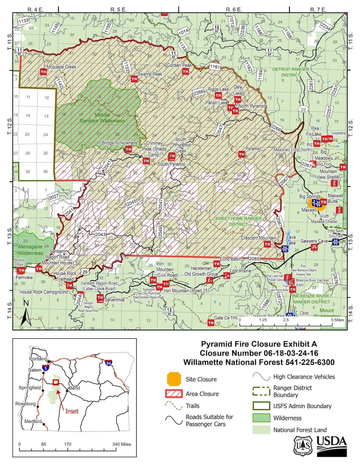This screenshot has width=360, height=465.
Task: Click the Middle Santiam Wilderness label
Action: click(x=102, y=117)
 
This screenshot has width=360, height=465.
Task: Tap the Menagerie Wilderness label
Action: click(x=30, y=250)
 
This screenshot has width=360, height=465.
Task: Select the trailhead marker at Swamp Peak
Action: click(x=134, y=79)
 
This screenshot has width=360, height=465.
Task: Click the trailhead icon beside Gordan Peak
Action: click(x=186, y=72)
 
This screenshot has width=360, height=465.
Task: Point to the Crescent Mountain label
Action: click(x=258, y=238)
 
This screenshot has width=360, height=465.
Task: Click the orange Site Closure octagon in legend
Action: click(x=174, y=379)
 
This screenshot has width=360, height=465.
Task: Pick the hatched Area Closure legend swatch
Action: click(x=174, y=393)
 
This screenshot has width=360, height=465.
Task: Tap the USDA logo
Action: click(x=331, y=445)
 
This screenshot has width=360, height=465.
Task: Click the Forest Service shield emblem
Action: click(x=303, y=446)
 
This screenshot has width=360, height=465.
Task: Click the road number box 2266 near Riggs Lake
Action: click(x=198, y=92)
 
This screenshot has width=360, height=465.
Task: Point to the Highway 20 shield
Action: click(x=85, y=272)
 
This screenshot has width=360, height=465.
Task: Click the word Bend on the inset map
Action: click(x=74, y=388)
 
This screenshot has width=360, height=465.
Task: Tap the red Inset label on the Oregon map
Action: click(x=72, y=411)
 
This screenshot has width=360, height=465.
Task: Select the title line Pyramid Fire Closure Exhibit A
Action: click(x=259, y=344)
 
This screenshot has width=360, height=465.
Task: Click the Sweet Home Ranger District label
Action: click(x=238, y=221)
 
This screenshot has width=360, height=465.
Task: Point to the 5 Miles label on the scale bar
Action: click(x=337, y=320)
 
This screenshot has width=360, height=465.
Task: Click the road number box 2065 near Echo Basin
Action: click(x=254, y=258)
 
